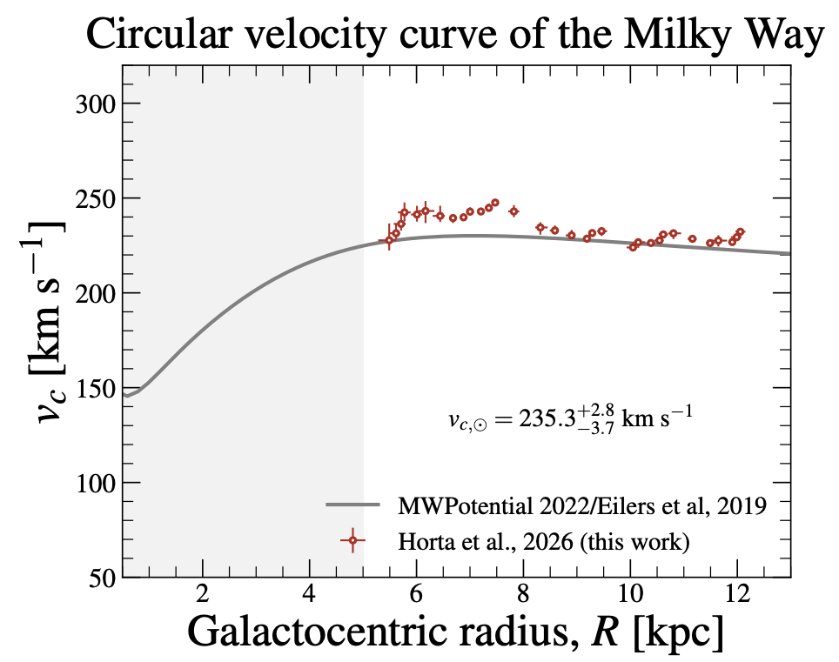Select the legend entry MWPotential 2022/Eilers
[x=581, y=506]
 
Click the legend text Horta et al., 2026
[x=544, y=541]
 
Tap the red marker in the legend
[x=352, y=541]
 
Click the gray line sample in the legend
[x=352, y=505]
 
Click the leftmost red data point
[x=389, y=240]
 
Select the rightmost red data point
[x=740, y=232]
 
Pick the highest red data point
[x=495, y=203]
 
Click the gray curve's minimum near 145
[x=127, y=396]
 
